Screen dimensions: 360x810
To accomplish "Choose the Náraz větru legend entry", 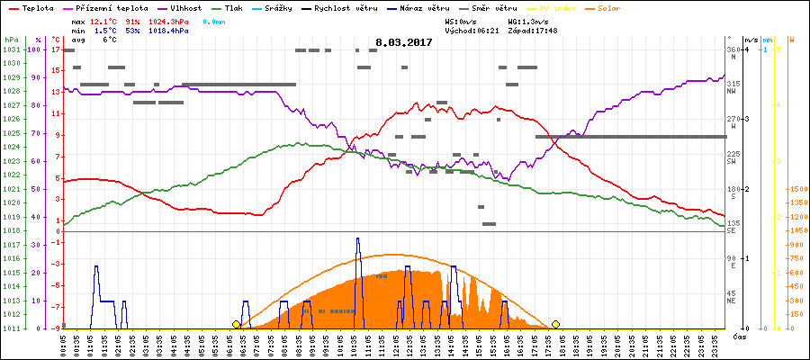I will pos(421,7).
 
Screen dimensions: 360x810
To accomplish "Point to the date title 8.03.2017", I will pos(404,41).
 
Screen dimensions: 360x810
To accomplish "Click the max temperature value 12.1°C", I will pos(104,20).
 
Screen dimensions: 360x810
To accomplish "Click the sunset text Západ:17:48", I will pos(532,30).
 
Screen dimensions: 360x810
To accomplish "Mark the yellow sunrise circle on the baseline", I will pos(237,324).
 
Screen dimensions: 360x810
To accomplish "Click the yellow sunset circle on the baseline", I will pos(556,324).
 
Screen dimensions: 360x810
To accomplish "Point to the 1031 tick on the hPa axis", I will pos(11,49).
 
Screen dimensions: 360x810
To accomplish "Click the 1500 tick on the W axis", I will pos(797,189).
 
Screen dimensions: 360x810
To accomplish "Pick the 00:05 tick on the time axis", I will pos(63,343).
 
